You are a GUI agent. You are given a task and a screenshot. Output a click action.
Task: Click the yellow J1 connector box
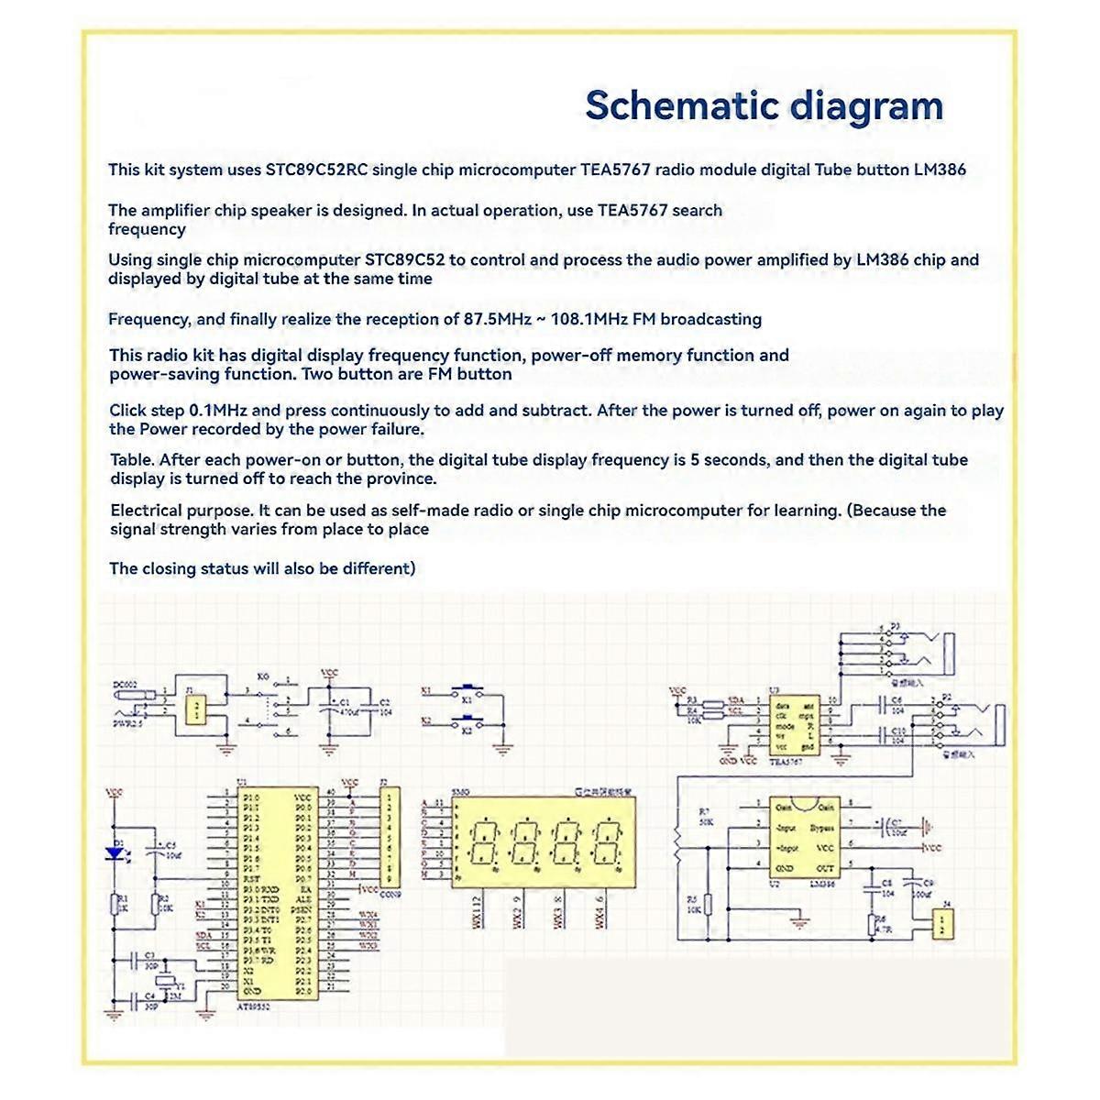194,709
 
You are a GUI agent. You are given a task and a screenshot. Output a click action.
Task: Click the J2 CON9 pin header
390,834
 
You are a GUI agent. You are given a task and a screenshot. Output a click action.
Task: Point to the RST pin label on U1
250,878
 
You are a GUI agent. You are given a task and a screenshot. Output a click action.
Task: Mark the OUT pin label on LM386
824,867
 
